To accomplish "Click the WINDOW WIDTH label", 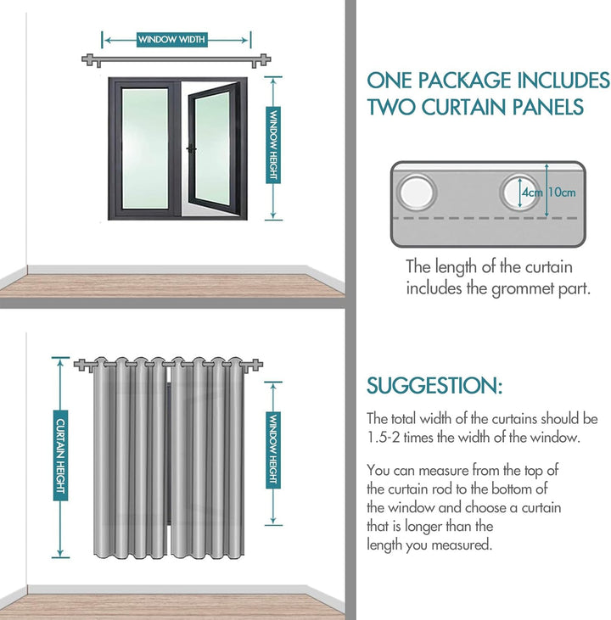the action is coord(172,40).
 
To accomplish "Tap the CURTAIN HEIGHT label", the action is coord(60,455).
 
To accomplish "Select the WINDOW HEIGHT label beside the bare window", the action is coord(273,145).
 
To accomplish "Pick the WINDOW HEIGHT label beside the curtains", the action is coord(273,450).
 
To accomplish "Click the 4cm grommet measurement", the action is coord(532,193).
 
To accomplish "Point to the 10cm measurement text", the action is coord(562,193).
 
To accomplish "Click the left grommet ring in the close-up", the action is coord(417,193).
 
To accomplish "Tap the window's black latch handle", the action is coord(192,149).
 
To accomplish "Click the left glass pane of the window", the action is coord(144,148).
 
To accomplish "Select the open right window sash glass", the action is coord(212,148).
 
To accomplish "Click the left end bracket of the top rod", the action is coord(91,60).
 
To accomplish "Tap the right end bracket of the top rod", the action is coord(262,60).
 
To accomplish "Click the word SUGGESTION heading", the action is coord(434,386).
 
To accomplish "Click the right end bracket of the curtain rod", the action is coord(254,365).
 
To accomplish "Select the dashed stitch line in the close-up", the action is coord(488,218).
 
